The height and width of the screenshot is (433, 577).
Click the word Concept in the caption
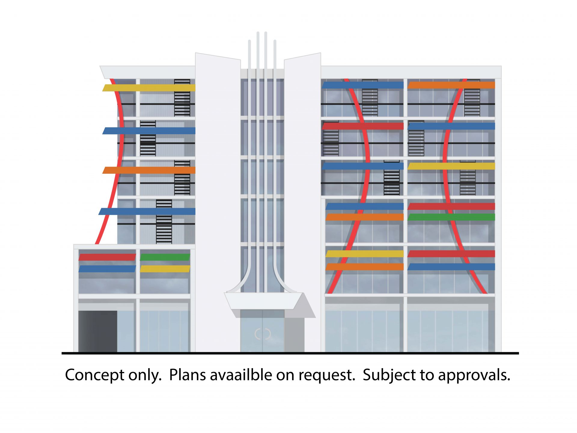(x=95, y=375)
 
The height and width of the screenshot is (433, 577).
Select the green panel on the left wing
(x=165, y=257)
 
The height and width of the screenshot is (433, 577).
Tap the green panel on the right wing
(x=451, y=217)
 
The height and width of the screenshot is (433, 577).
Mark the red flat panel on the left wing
(x=107, y=257)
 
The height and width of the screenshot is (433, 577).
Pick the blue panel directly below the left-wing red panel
(x=107, y=269)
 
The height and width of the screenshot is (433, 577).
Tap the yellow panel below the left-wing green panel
(x=165, y=269)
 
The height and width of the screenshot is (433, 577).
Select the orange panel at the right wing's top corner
(x=451, y=85)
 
